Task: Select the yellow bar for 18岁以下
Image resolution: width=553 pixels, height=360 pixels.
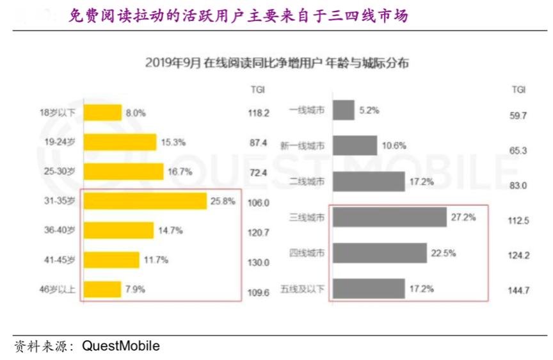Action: [103, 113]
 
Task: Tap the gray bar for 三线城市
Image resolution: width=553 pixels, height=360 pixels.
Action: [390, 218]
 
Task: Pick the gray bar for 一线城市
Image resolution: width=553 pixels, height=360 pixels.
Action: [344, 110]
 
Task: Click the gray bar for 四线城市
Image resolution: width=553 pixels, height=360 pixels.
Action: [381, 253]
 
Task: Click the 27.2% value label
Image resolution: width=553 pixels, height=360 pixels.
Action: [463, 218]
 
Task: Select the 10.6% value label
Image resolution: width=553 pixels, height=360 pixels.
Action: [394, 145]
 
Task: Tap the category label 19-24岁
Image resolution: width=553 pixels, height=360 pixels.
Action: [61, 142]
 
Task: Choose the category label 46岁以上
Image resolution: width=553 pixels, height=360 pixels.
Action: [58, 290]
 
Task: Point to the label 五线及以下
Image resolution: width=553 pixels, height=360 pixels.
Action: [302, 290]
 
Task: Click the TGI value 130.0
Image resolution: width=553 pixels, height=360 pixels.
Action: [259, 262]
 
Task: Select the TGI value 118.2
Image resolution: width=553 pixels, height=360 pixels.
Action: [259, 113]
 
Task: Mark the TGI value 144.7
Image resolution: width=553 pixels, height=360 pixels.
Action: [518, 291]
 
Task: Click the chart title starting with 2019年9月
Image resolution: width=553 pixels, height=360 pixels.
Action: [276, 63]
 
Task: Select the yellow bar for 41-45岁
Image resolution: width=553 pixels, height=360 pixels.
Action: [111, 259]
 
